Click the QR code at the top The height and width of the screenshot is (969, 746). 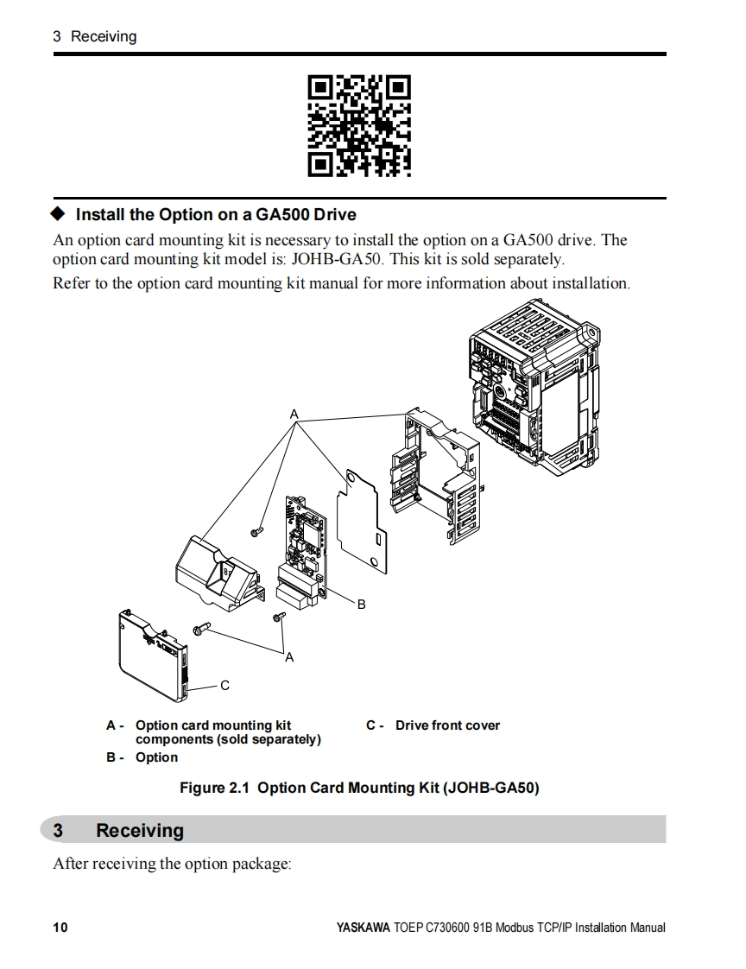pos(359,126)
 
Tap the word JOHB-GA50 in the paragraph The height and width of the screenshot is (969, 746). pos(340,259)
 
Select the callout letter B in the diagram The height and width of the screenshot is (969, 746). pos(362,605)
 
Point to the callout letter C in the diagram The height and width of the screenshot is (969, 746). pos(224,686)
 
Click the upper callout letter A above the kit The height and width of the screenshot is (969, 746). pos(294,415)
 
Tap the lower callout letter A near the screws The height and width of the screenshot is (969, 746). pos(289,658)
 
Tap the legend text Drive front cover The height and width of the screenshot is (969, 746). pos(447,725)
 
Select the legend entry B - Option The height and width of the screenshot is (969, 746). pos(142,757)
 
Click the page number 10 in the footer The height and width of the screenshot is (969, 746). pos(60,928)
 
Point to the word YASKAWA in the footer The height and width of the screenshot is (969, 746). pos(363,928)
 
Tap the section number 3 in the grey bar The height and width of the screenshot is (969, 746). pos(58,831)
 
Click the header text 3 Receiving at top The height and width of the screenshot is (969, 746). pos(94,36)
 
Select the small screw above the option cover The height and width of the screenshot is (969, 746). pos(256,532)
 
